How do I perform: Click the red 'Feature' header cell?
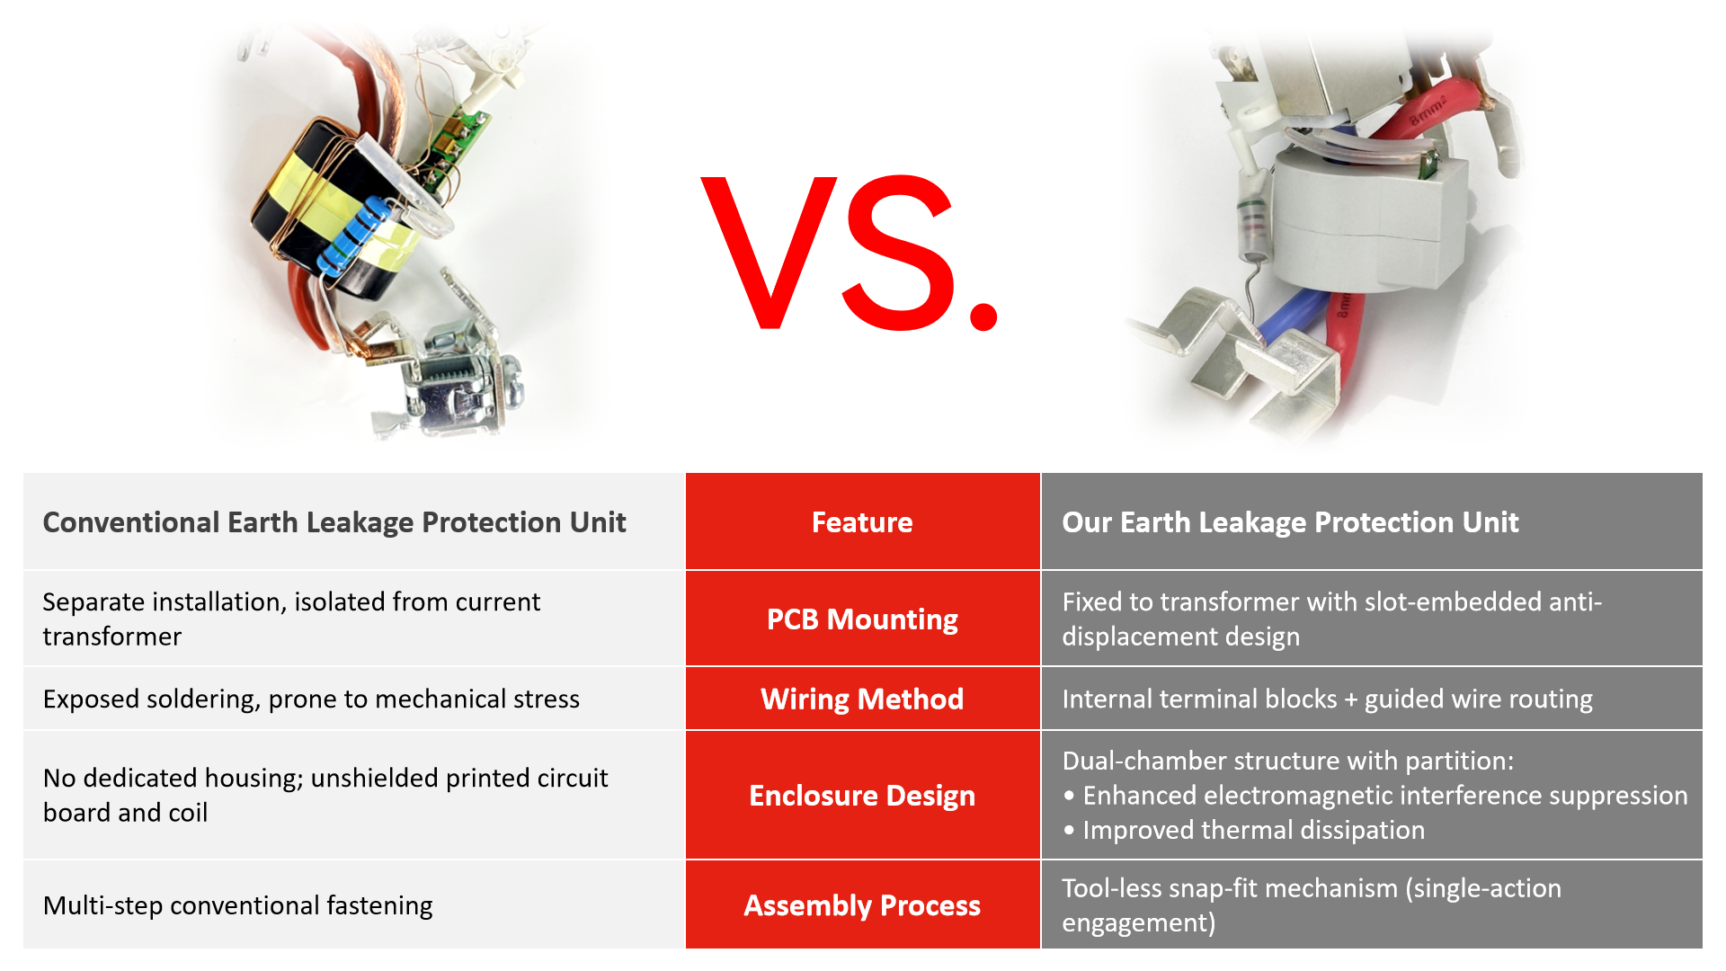(862, 521)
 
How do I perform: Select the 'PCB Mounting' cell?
(862, 619)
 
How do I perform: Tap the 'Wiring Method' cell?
(862, 699)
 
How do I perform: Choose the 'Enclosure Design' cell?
(862, 795)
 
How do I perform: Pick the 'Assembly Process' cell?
(862, 904)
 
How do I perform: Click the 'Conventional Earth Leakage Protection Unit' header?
(334, 522)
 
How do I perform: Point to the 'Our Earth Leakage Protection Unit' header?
(1290, 522)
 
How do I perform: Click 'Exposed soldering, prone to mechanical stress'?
(311, 699)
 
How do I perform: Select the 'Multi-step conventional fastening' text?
(237, 904)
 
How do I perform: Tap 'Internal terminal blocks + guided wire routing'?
(1327, 699)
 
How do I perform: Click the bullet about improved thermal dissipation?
(1244, 830)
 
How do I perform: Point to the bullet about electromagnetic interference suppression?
(1375, 795)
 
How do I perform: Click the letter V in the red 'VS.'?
(770, 253)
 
